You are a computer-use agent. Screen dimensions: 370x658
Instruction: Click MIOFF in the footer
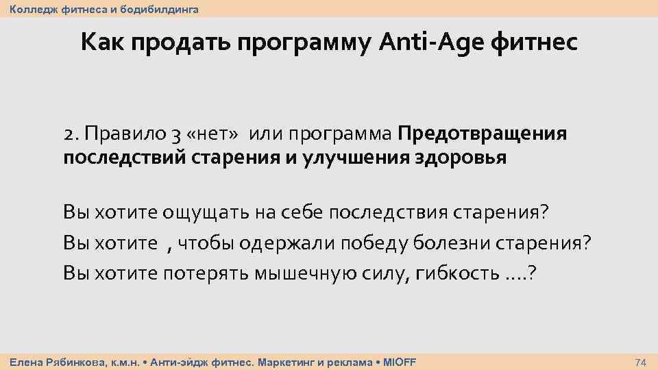pos(400,361)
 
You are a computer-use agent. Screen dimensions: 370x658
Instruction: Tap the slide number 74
pos(641,362)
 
